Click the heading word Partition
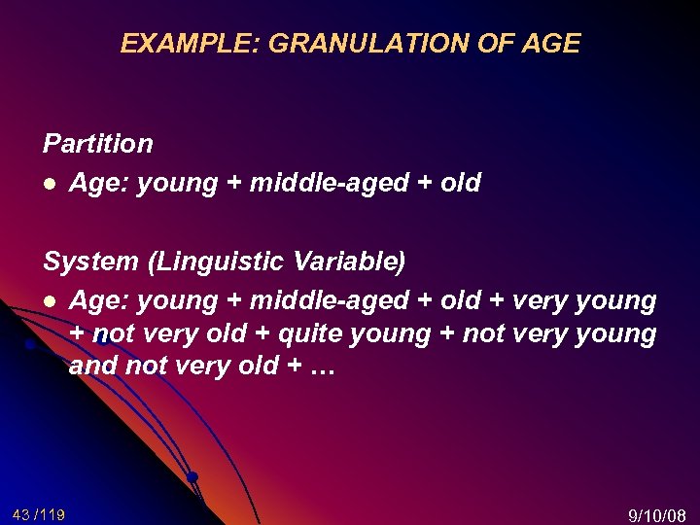pyautogui.click(x=98, y=144)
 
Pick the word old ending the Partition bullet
pyautogui.click(x=460, y=183)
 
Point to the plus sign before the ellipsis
pyautogui.click(x=289, y=367)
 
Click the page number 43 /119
pyautogui.click(x=39, y=513)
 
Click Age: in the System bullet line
pyautogui.click(x=100, y=301)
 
